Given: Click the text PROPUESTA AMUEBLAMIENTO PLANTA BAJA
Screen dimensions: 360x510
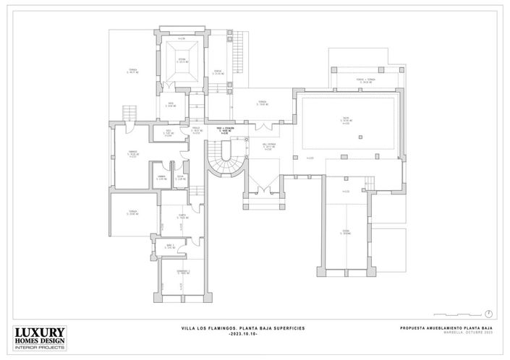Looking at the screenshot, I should click(x=446, y=328).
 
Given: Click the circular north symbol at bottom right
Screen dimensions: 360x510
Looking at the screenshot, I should click(x=490, y=313).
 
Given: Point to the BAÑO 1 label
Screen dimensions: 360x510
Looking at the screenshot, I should click(x=168, y=247).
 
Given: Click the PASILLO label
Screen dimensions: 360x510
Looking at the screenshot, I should click(x=195, y=129).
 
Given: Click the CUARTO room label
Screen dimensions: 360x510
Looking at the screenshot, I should click(x=183, y=216).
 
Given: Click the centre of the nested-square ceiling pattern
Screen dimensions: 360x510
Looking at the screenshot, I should click(x=180, y=61).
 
